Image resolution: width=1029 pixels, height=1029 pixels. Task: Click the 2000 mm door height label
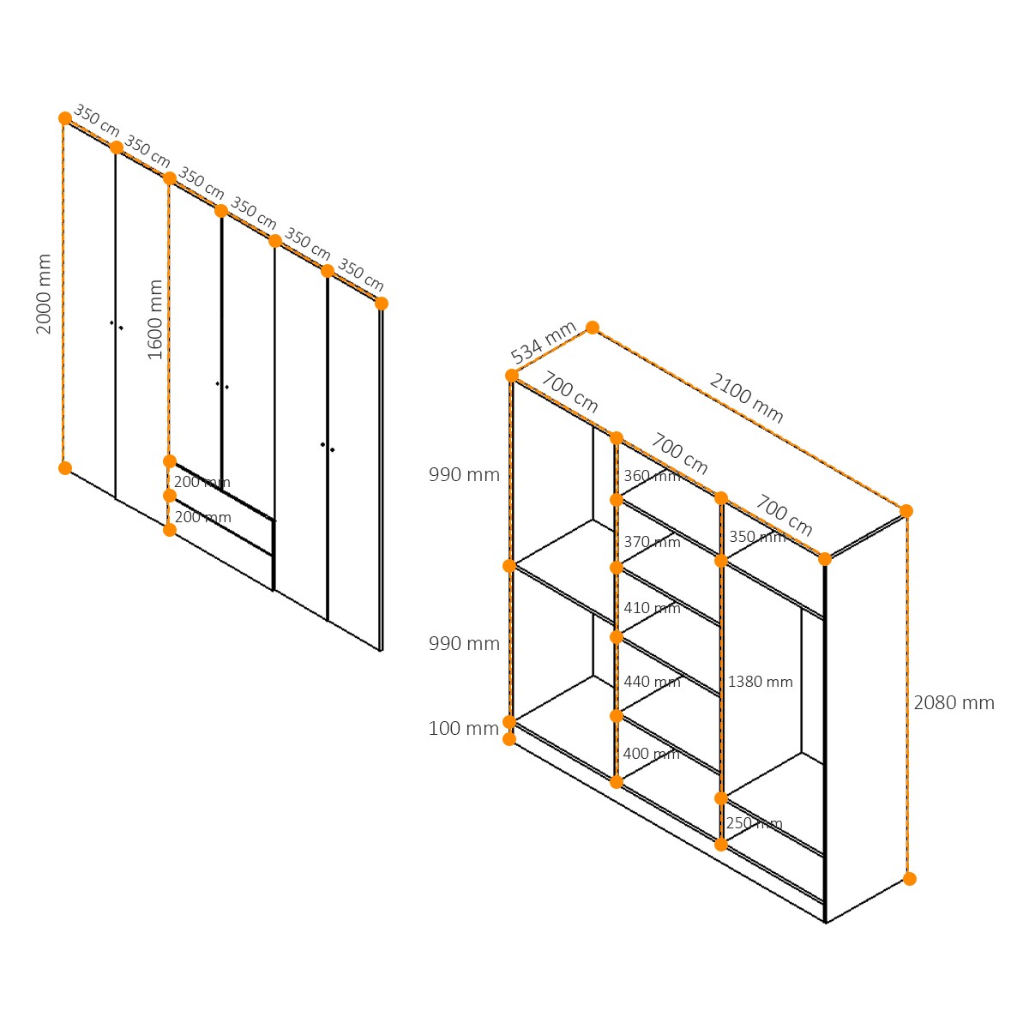pos(43,294)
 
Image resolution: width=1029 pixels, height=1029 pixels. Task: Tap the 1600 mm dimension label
pos(155,319)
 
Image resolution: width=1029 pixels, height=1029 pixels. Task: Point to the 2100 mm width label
pos(746,398)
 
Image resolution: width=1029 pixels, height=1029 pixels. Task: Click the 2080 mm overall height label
pos(954,703)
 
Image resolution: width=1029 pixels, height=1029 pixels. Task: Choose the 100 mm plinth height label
pos(464,728)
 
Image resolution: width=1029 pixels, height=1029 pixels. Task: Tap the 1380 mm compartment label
pos(760,682)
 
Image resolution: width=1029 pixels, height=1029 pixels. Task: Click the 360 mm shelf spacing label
pos(652,476)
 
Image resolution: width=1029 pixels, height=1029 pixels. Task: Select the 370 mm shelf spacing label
pos(652,542)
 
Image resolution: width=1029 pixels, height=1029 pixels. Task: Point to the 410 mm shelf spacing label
pos(652,608)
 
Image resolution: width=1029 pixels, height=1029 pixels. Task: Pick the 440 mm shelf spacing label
pos(652,682)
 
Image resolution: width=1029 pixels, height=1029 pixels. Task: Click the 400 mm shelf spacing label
pos(652,754)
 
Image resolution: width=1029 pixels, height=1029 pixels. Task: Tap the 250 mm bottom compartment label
pos(754,823)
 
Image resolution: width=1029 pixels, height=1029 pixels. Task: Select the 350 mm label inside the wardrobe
pos(758,537)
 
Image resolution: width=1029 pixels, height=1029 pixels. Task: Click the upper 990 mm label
pos(464,475)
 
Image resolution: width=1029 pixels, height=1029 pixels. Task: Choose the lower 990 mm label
pos(464,643)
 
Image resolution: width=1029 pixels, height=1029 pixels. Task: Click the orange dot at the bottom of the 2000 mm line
pos(65,468)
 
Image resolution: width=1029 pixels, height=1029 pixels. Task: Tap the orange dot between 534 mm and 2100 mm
pos(593,328)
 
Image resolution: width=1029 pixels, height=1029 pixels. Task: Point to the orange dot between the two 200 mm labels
pos(170,496)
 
